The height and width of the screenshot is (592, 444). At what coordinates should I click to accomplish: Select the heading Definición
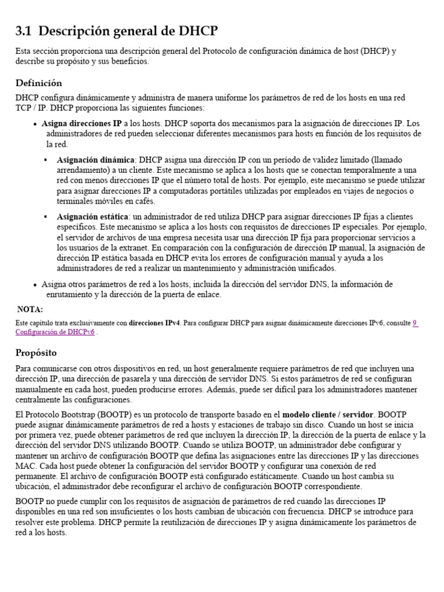point(39,83)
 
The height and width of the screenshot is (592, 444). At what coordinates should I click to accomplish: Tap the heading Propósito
point(36,352)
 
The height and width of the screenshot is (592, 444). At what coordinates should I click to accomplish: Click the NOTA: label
point(30,309)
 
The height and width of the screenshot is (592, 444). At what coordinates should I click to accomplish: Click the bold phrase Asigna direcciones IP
point(82,124)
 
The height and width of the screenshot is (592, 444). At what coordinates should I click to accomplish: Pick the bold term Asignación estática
point(93,217)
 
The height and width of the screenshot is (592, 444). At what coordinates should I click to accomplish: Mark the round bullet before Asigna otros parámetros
point(35,284)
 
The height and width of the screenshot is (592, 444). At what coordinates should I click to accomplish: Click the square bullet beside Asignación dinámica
point(46,160)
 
